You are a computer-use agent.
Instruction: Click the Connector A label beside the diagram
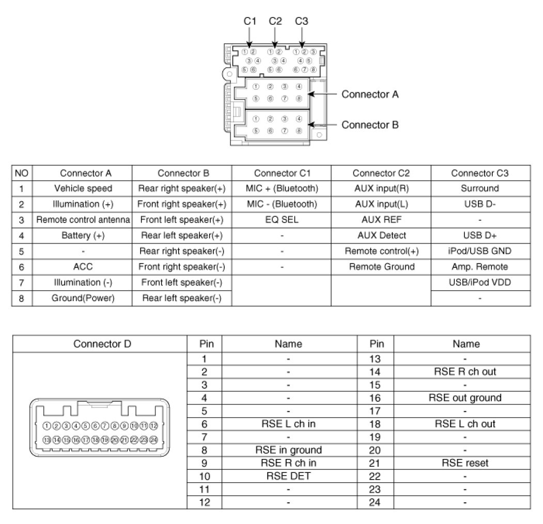click(370, 94)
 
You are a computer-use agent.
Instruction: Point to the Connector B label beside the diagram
click(370, 124)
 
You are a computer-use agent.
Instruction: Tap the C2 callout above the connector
click(275, 21)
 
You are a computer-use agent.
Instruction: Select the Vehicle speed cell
click(83, 188)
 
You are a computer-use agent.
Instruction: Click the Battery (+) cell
click(83, 235)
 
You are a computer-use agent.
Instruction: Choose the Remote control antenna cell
click(83, 220)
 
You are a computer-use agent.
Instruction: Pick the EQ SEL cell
click(282, 220)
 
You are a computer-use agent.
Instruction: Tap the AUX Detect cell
click(381, 235)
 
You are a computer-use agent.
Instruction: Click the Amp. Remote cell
click(480, 267)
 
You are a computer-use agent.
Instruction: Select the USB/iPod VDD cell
click(480, 282)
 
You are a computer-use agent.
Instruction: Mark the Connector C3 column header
click(480, 173)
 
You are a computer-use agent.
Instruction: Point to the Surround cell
click(480, 188)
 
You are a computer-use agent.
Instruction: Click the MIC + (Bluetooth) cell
click(282, 188)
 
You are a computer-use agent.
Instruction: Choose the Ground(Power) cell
click(83, 298)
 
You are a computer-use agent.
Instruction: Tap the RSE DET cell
click(288, 475)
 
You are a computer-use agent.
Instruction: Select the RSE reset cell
click(465, 463)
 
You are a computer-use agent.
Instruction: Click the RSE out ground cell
click(465, 398)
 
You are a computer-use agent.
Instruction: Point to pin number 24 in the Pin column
click(376, 502)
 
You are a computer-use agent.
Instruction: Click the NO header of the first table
click(22, 173)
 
